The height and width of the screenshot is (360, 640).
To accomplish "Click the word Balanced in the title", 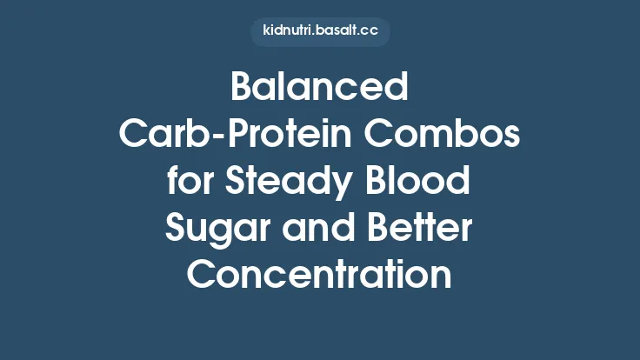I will [319, 89].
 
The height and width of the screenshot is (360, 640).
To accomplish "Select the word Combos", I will [443, 136].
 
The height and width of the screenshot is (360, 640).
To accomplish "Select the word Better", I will [420, 230].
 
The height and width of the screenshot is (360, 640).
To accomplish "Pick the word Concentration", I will [319, 277].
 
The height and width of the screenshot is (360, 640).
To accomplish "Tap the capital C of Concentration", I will [202, 277].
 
